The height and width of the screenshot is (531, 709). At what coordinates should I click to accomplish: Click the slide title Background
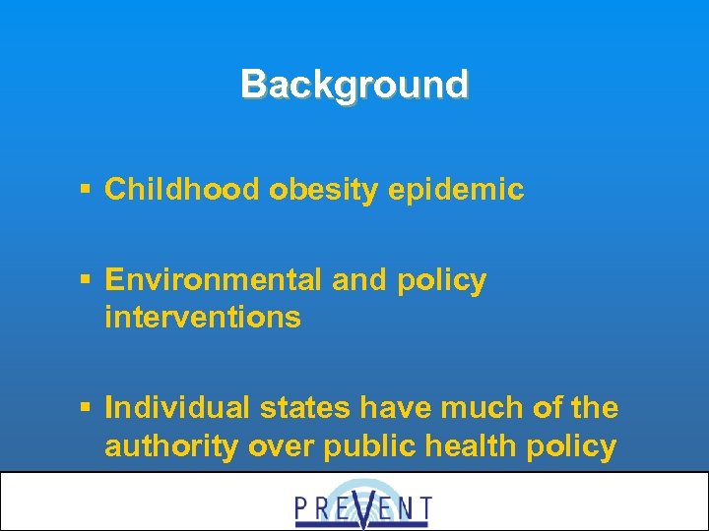coord(354,85)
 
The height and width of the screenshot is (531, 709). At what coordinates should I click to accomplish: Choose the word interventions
coord(203,318)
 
